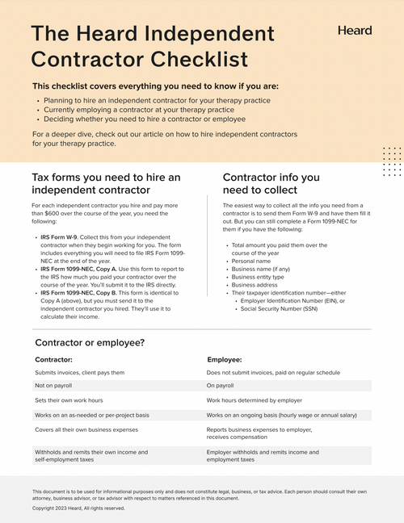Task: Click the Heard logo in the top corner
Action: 356,31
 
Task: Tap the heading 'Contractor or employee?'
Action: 90,342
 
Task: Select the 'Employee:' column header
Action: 225,359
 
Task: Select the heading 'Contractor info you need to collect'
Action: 271,183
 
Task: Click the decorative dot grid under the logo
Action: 392,161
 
